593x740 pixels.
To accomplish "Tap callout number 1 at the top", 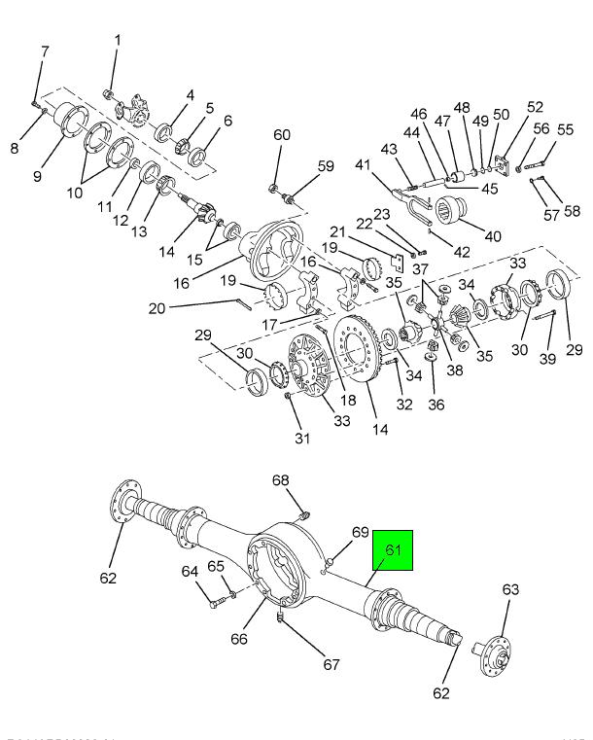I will tap(118, 41).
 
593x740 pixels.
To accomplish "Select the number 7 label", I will tap(44, 51).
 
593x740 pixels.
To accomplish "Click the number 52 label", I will tap(536, 108).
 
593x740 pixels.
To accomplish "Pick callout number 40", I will tap(493, 235).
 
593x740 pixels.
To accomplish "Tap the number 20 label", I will tap(157, 309).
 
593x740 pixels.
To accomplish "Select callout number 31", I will tap(302, 438).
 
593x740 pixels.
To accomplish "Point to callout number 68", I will tap(280, 480).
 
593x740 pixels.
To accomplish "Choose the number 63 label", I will tap(510, 589).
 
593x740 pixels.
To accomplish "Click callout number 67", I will tap(331, 665).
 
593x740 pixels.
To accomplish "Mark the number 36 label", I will tap(436, 405).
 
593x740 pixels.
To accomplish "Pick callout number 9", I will tap(37, 176).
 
